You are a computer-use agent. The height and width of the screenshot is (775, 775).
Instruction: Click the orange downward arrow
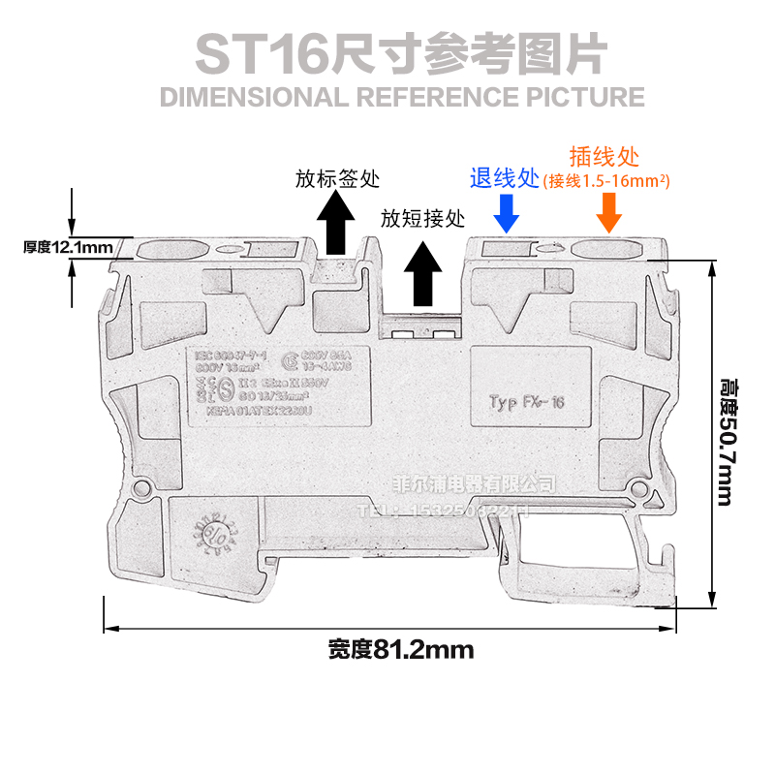click(x=608, y=211)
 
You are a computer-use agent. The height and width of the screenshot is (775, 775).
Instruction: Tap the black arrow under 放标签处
click(x=336, y=222)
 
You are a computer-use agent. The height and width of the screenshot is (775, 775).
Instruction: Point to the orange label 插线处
click(x=604, y=157)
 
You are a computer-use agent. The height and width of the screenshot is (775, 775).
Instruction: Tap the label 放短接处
click(x=422, y=219)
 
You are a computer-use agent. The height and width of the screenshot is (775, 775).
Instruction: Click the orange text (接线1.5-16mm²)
click(x=608, y=180)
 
